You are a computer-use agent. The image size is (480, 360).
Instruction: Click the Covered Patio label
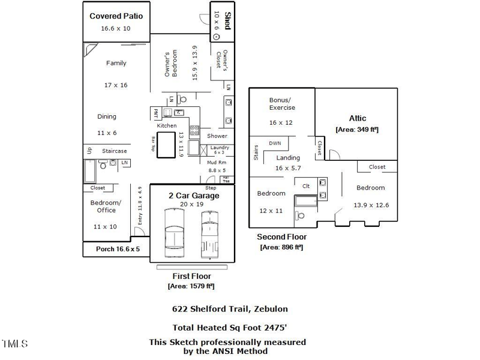116,16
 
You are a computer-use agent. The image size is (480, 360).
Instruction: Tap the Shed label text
228,20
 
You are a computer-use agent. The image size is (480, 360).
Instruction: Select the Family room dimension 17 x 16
116,85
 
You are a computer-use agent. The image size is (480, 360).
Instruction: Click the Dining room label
107,116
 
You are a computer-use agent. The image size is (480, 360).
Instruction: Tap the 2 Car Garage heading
193,196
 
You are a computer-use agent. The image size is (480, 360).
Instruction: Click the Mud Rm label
217,162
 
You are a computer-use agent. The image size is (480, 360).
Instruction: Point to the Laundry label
219,148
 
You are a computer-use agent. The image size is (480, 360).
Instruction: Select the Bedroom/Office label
106,206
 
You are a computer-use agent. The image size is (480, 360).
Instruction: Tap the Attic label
357,118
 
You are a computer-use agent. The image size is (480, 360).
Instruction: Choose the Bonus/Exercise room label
281,103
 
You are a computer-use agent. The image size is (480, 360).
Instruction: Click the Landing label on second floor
288,158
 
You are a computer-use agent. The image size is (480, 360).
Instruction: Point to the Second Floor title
281,237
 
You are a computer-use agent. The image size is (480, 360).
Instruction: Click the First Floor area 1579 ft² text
191,286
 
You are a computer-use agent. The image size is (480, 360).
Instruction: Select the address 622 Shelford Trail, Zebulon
230,309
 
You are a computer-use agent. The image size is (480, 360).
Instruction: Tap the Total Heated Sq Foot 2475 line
230,328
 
